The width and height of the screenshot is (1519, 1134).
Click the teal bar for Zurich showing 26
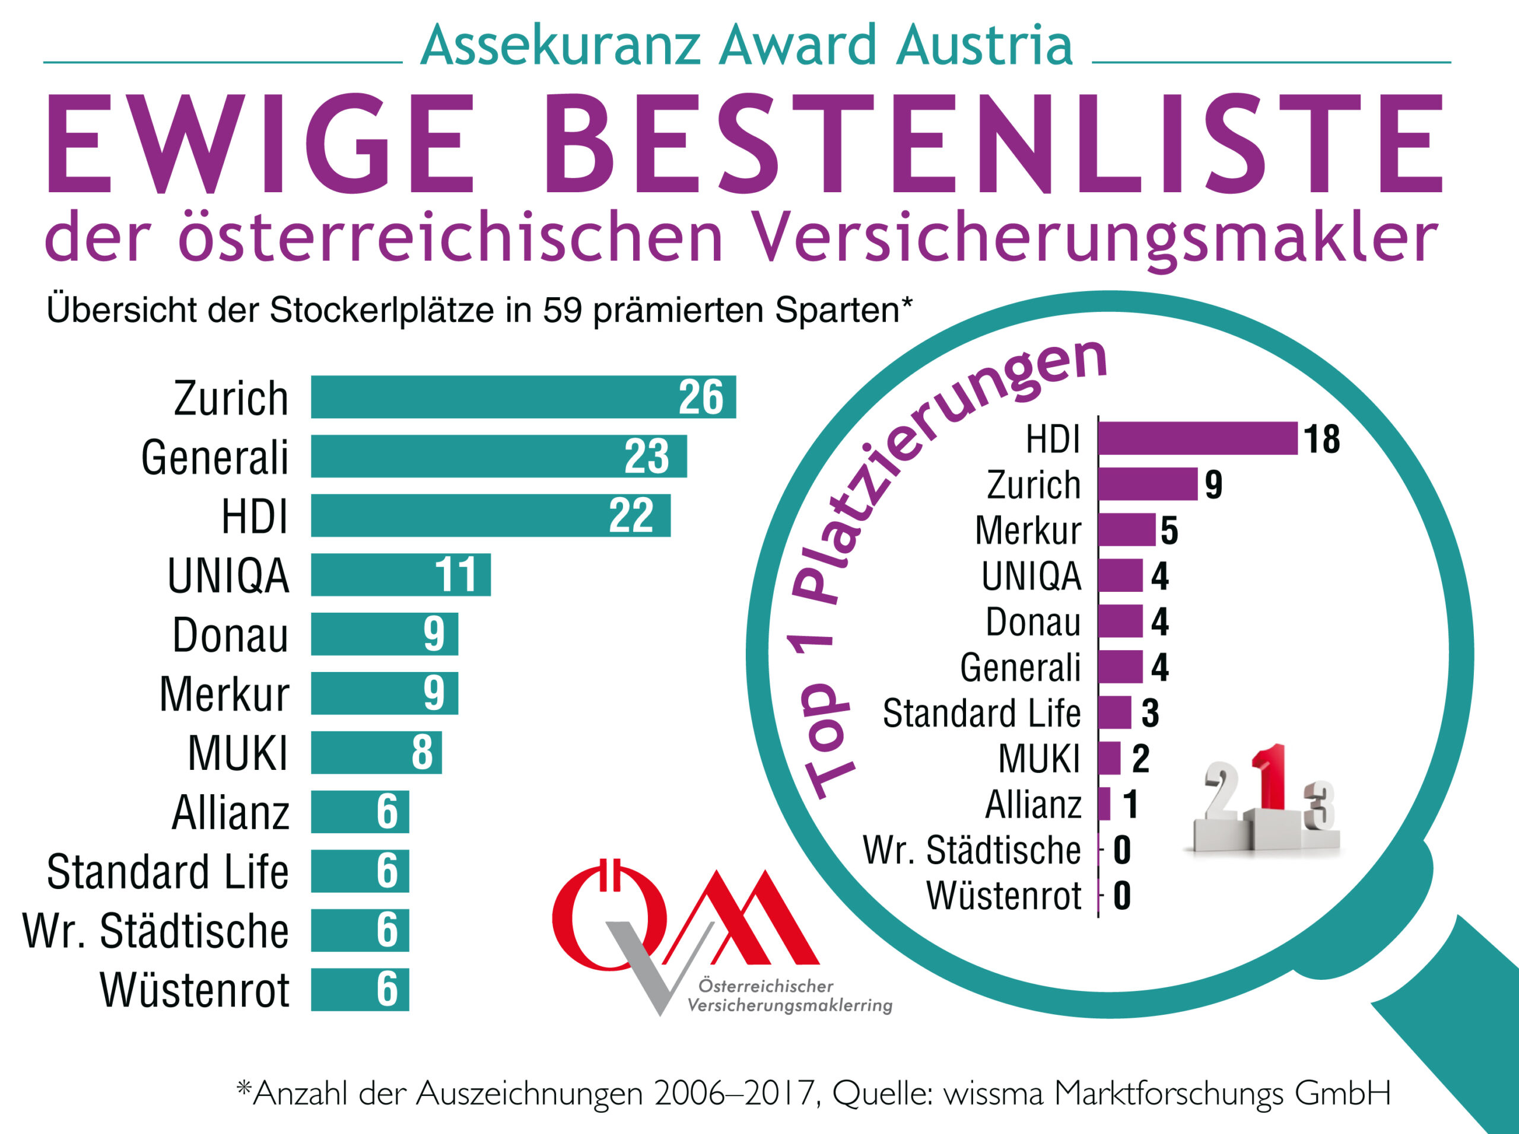[x=522, y=397]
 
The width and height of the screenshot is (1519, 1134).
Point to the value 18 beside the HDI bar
[x=1321, y=439]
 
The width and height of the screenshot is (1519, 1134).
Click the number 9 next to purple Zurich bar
[x=1213, y=485]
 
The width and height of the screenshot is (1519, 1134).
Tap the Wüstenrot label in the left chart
[x=195, y=990]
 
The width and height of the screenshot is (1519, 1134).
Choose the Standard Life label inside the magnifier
[x=981, y=713]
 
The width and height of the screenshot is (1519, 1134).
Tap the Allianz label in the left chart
[x=230, y=812]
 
